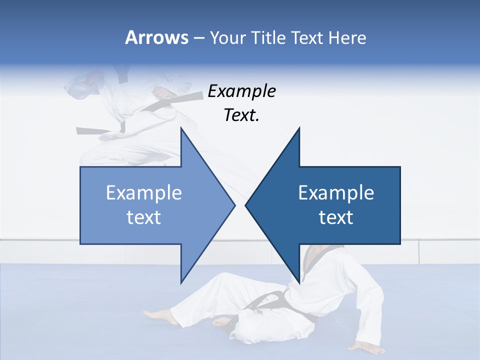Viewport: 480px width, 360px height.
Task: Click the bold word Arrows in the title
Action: (156, 37)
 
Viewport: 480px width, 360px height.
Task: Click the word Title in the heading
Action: (263, 37)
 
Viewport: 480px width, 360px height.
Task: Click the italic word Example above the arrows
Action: (241, 91)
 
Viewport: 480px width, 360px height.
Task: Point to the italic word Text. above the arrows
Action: (241, 115)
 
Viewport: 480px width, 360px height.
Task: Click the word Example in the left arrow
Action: (143, 192)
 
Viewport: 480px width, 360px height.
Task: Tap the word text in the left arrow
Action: (143, 217)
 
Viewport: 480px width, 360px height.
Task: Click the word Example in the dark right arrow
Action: (336, 192)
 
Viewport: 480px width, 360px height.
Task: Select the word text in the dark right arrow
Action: (336, 217)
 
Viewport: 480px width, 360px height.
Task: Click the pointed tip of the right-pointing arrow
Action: (234, 205)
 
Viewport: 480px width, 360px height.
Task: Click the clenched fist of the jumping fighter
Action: (161, 93)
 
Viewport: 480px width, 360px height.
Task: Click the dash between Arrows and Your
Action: (198, 38)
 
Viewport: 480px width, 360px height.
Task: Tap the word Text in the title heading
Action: (307, 37)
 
